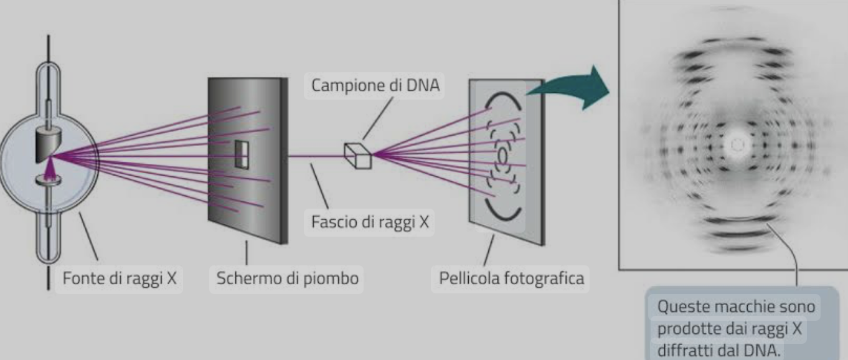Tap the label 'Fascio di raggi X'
coord(369,222)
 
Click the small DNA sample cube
coord(358,155)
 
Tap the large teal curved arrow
coord(570,87)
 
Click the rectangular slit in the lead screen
coord(242,154)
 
